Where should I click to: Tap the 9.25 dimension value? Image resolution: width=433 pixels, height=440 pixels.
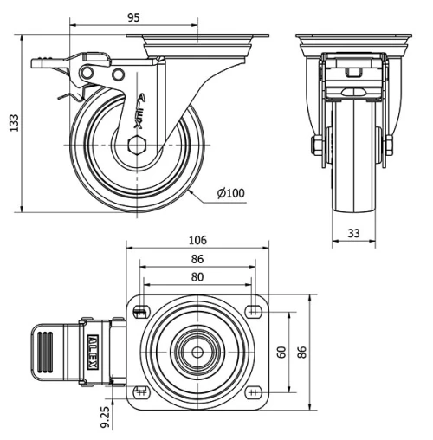click(106, 418)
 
